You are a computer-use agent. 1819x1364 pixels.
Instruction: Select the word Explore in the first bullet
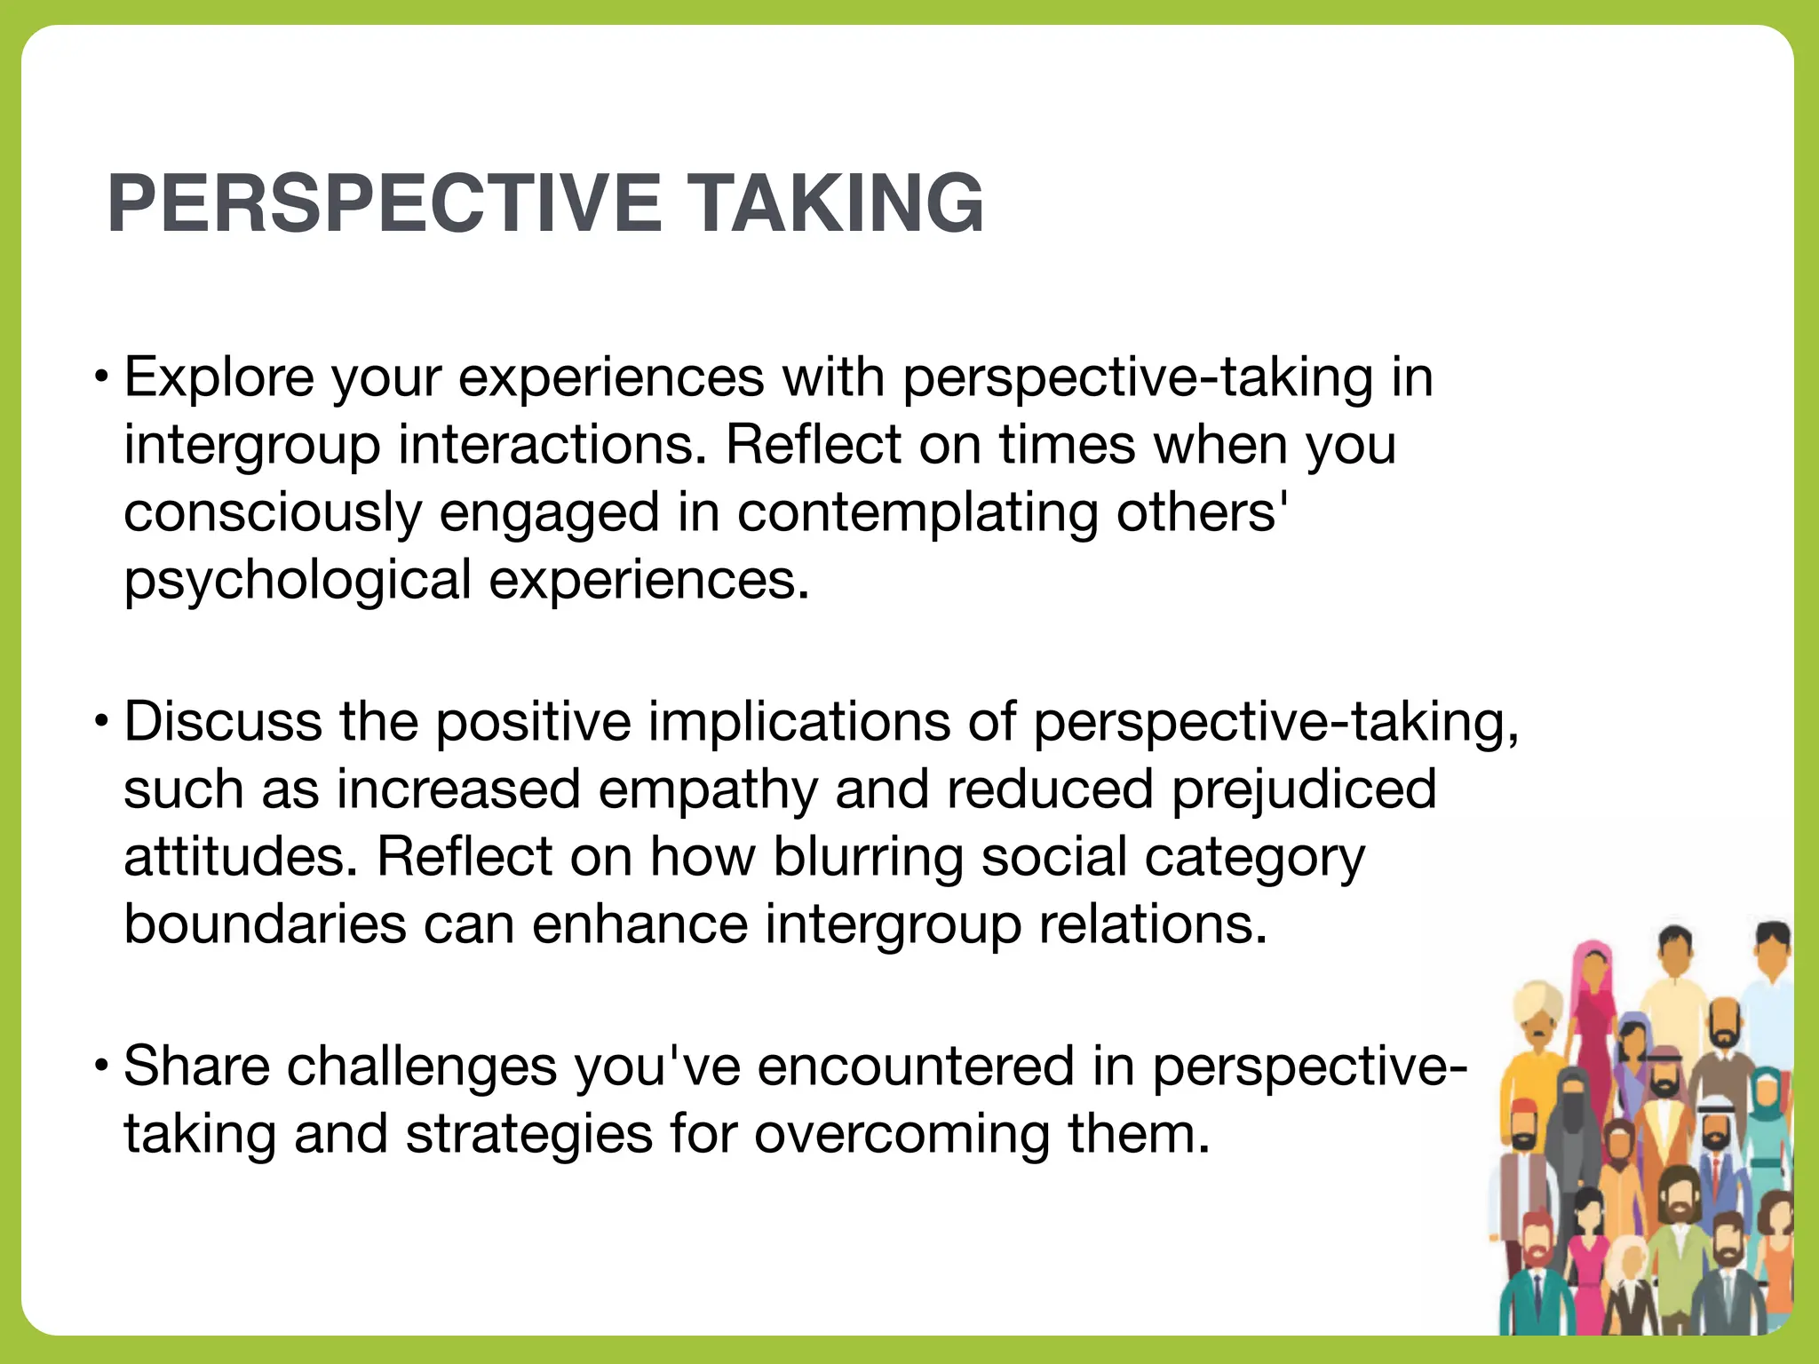(218, 377)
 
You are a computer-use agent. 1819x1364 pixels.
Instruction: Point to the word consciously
(271, 513)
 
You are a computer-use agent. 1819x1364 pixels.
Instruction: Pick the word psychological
(297, 582)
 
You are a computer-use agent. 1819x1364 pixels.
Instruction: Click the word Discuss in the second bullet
(222, 721)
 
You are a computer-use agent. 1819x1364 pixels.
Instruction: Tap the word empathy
(707, 789)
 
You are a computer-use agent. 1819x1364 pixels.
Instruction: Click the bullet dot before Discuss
(103, 720)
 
